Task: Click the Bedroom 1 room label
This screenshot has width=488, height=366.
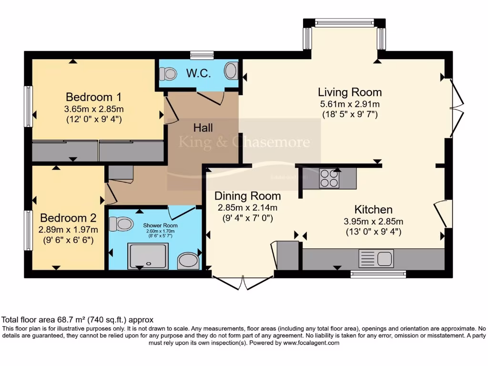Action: point(94,97)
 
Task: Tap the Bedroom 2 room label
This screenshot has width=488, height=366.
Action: point(68,218)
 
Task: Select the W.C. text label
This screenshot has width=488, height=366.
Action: point(196,74)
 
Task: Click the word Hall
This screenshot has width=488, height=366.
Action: point(203,128)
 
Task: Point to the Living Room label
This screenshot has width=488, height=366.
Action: point(350,92)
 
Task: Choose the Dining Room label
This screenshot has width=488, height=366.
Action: point(247,196)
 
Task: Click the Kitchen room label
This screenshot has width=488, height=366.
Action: point(374,209)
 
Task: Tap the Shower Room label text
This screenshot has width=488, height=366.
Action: point(160,225)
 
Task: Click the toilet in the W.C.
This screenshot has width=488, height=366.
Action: point(168,74)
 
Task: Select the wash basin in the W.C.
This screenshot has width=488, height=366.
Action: point(231,72)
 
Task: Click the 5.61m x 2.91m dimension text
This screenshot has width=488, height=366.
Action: point(350,104)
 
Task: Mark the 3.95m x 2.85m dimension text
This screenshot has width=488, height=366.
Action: point(374,222)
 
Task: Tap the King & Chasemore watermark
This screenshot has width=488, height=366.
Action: point(244,142)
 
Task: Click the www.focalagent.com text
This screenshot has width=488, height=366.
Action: point(311,343)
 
